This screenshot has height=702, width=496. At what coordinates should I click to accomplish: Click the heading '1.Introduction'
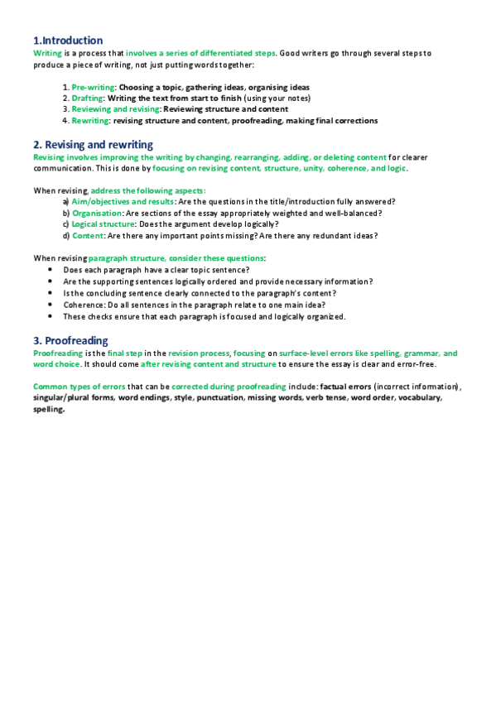coord(68,41)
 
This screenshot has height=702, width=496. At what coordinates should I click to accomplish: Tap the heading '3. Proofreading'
coord(70,340)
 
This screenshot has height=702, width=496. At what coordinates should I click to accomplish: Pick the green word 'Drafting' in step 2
coord(87,98)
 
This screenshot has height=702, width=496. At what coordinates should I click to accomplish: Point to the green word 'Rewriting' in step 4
coord(90,120)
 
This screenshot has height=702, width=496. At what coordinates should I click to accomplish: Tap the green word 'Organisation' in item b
coord(97,213)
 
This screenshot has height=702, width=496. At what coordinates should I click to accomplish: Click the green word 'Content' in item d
coord(87,235)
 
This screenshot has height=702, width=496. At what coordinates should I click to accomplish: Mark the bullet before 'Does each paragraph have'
coord(51,270)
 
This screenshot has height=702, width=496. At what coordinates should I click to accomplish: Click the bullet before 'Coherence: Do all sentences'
coord(51,305)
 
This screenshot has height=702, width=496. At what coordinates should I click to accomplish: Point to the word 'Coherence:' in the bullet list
coord(84,305)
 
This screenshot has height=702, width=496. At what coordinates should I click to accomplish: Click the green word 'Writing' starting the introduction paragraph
coord(47,53)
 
